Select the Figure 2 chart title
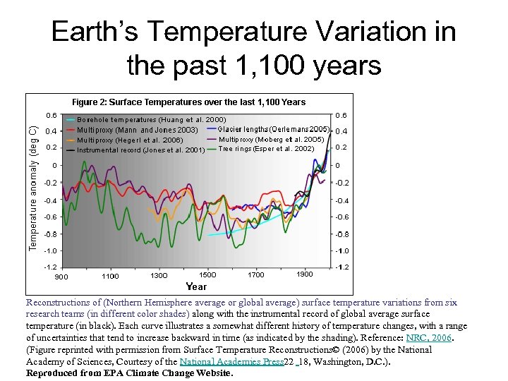pos(188,102)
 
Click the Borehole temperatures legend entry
pos(151,120)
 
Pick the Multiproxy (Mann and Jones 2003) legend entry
pos(137,130)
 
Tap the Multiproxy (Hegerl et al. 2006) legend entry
pos(130,140)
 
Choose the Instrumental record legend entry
pos(140,150)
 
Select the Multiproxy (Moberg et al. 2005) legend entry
pos(271,139)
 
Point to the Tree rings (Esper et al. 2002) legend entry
pos(266,149)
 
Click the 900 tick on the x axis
pos(61,276)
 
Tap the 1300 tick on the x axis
pos(159,275)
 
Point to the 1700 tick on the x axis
pos(256,274)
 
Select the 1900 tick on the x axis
pos(305,274)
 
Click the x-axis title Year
pos(196,286)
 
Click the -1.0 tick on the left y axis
pos(51,250)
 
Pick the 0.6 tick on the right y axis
pos(341,115)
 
